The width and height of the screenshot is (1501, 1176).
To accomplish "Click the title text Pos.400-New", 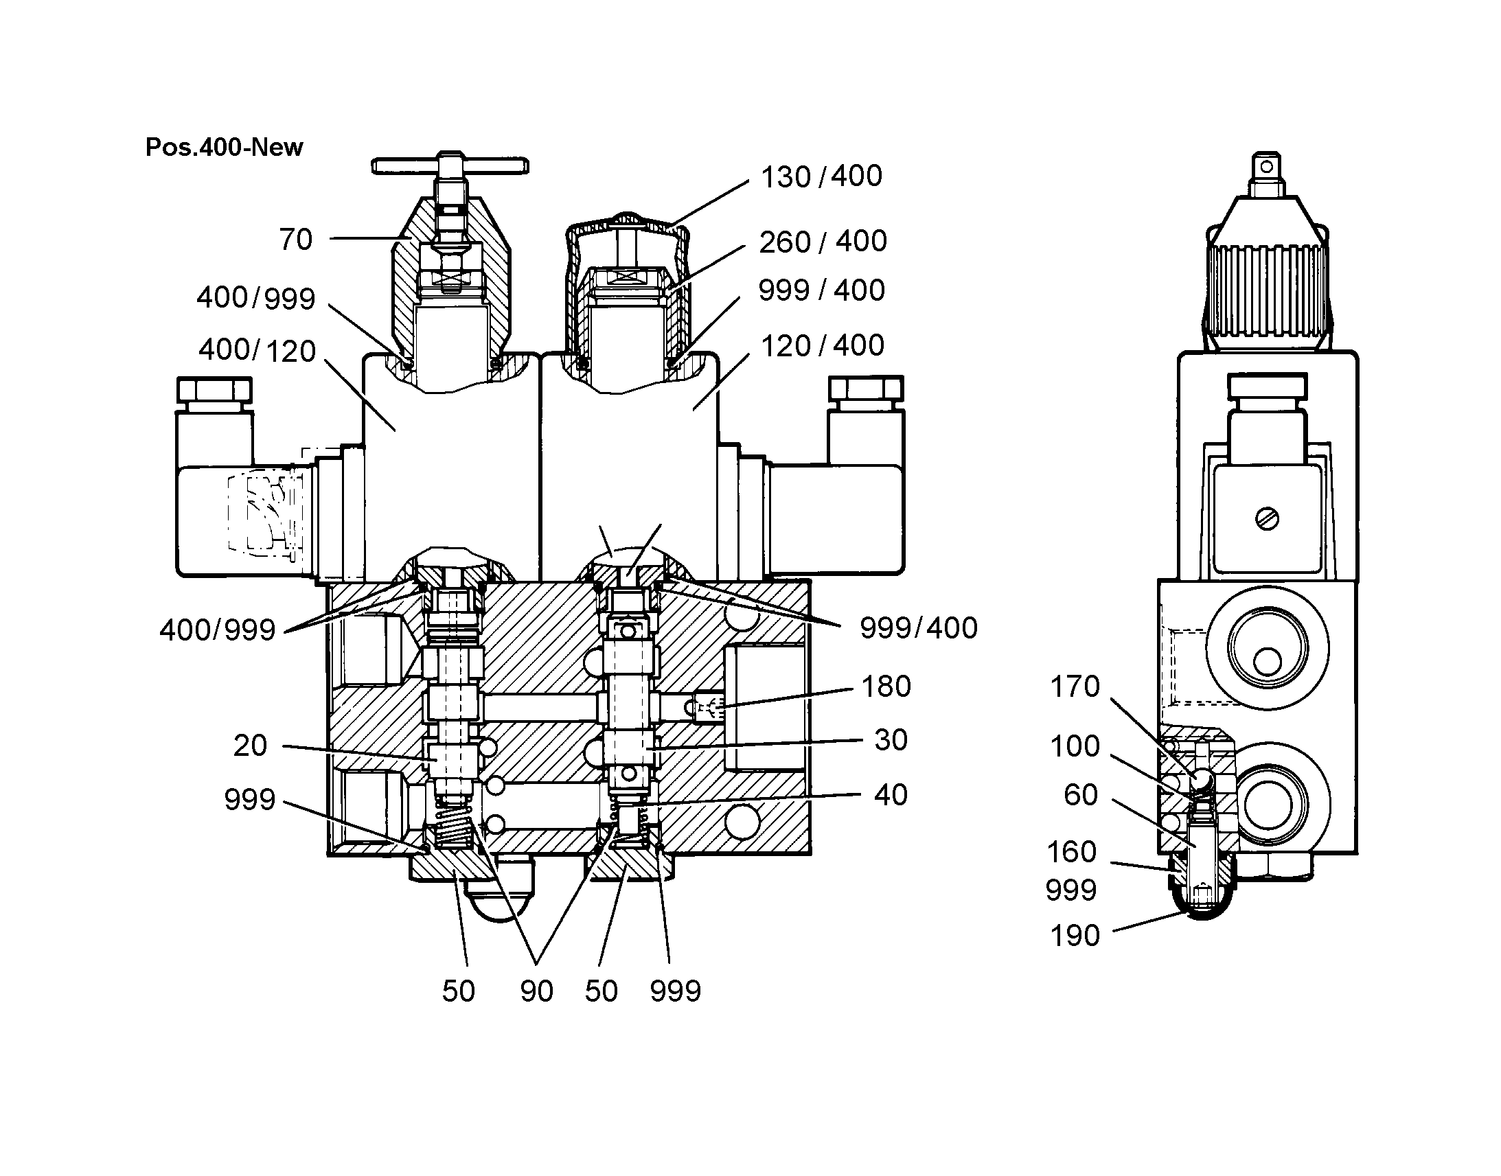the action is pos(224,148).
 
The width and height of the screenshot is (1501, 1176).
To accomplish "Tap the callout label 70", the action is pos(296,240).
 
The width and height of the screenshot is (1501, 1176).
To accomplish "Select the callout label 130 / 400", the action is pos(821,177).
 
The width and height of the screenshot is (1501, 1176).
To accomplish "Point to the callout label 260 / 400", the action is pos(823,242).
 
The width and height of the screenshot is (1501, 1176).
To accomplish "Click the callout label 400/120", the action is pos(257,350).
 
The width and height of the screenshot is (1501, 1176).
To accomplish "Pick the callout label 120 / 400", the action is pos(822,345).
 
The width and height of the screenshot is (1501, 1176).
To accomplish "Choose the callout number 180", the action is pos(886,687).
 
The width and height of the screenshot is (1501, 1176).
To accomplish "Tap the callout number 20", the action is pos(250,746).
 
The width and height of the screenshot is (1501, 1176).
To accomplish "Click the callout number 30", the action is pos(891,740).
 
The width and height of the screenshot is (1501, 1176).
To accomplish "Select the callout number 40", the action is pos(891,795).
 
